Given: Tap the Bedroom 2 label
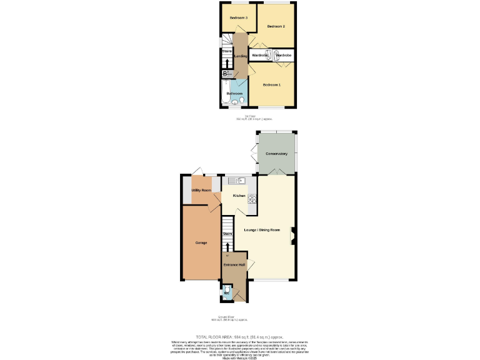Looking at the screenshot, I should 276,26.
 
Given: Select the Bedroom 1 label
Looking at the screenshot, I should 272,84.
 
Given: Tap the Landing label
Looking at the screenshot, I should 240,56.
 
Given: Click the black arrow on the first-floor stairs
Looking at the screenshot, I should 227,62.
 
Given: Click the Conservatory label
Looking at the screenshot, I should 276,153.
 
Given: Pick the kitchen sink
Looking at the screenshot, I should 238,181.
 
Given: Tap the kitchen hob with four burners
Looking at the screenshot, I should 252,199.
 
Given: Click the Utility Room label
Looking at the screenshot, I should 201,189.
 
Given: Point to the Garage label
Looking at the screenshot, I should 201,242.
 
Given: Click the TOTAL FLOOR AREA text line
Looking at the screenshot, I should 240,337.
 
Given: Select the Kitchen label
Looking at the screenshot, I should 239,196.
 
